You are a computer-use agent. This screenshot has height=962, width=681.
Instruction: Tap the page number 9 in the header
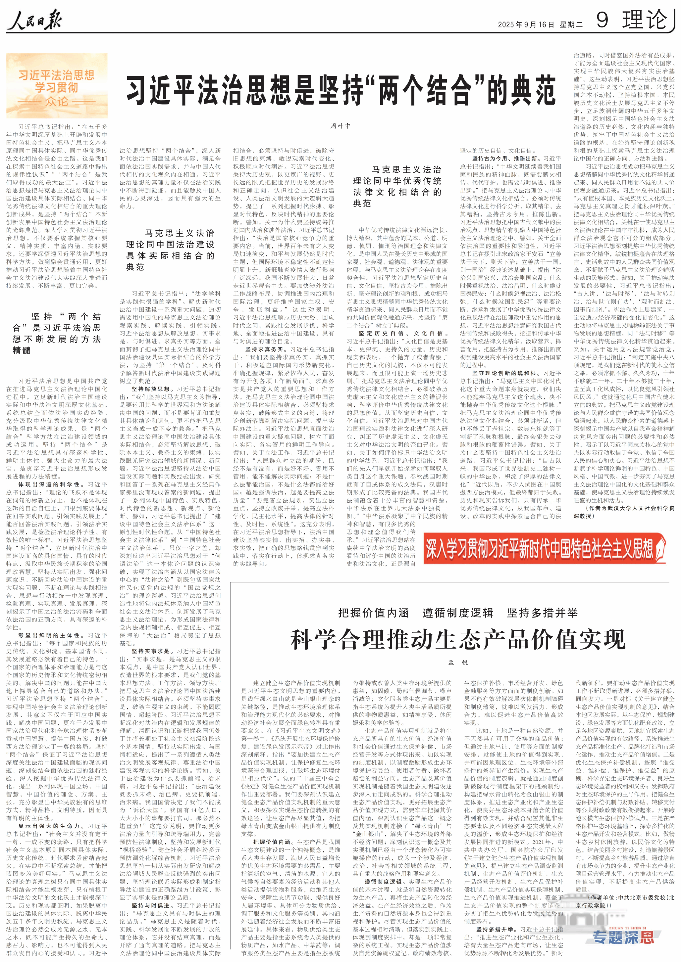click(602, 20)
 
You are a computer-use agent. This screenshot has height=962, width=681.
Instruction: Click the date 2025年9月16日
click(526, 25)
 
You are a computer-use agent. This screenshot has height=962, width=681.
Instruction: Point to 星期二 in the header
click(571, 25)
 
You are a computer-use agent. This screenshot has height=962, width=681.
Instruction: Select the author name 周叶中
click(340, 126)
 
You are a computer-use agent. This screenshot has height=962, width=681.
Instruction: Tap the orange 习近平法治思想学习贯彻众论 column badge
click(57, 86)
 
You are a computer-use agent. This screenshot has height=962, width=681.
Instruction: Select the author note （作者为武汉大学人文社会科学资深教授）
click(624, 512)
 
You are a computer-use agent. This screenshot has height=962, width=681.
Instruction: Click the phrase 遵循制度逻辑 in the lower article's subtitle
click(457, 613)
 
